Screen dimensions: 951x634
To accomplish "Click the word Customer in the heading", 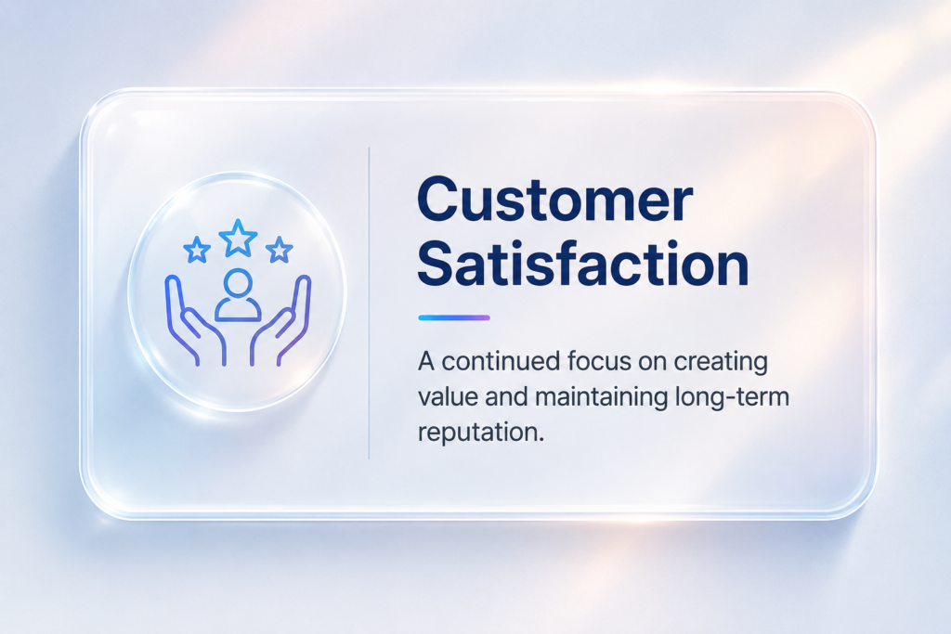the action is pos(555,200).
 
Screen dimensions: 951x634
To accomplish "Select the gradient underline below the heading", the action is pos(454,317).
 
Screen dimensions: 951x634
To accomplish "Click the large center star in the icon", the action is pos(238,238).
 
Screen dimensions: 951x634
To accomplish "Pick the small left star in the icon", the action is pos(197,250).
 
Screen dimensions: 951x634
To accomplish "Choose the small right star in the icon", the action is pos(279,250).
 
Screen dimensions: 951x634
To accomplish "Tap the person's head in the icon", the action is pos(238,282).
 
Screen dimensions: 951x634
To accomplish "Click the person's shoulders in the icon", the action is pos(238,310).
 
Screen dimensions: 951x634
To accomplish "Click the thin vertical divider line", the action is pos(369,303).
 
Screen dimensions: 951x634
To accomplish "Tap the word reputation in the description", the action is pos(480,433).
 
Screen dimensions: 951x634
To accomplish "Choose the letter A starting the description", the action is pos(425,362).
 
